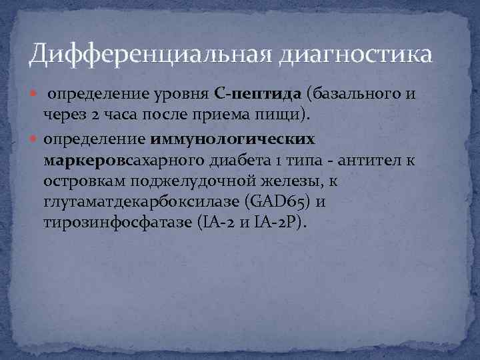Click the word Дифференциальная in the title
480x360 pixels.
(x=140, y=54)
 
